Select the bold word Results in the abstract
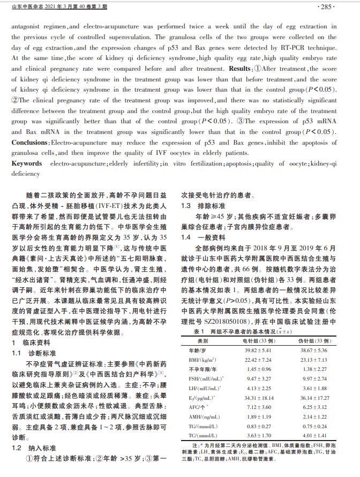point(239,70)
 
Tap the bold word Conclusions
point(30,143)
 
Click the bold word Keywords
point(27,163)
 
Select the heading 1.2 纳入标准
point(33,448)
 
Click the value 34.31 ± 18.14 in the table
point(259,398)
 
